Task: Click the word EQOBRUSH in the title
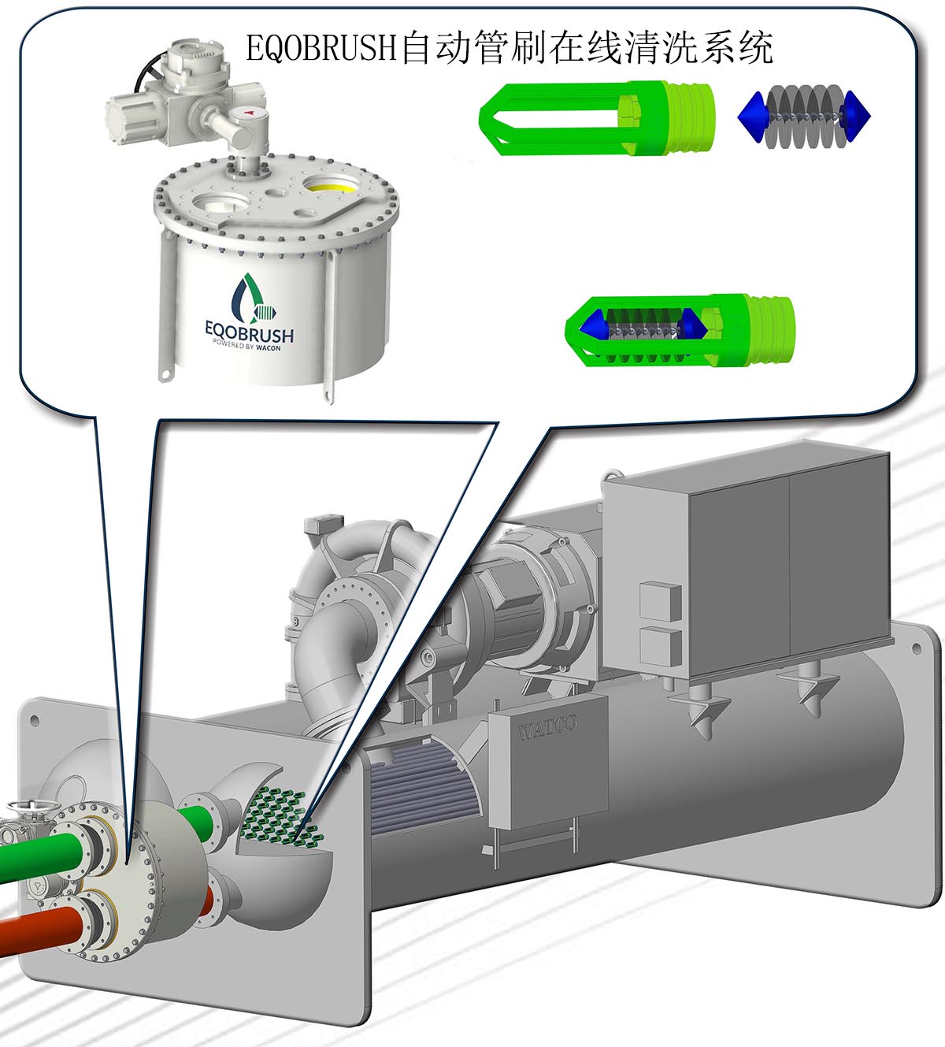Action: (321, 48)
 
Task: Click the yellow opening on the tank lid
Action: (332, 184)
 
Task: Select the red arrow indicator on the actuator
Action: (250, 111)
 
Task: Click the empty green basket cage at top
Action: (596, 118)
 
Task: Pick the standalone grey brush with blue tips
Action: (804, 114)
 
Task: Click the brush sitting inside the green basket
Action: (644, 329)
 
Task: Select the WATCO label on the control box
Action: (547, 727)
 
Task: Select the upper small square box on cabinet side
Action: (661, 602)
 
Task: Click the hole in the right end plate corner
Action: (917, 649)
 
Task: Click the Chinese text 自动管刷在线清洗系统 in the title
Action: (587, 48)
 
